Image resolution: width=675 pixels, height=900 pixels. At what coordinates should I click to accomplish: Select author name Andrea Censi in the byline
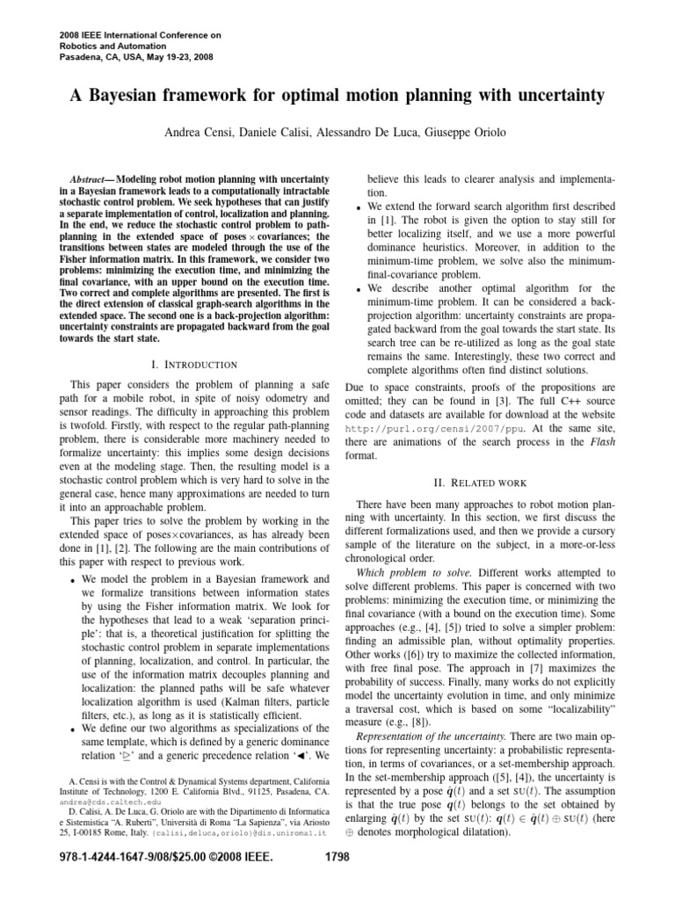200,132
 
